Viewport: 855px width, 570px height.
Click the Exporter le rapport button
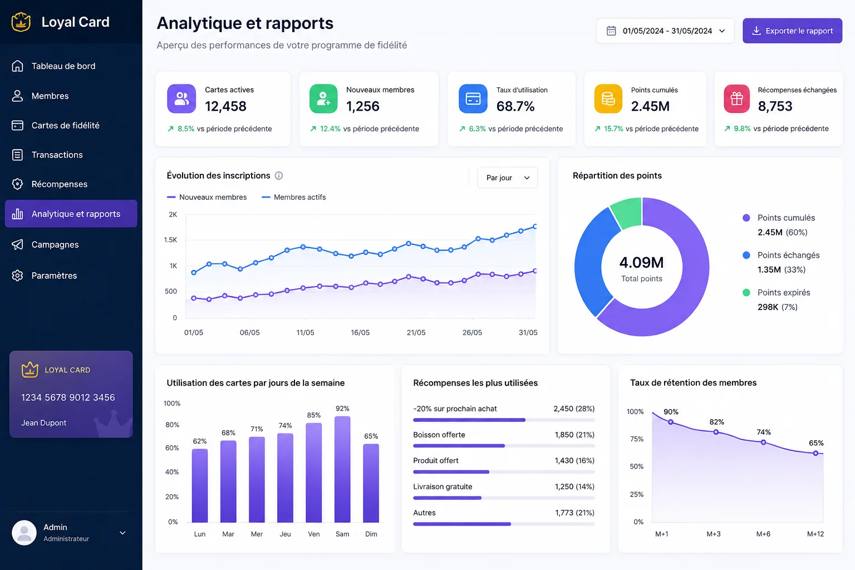pyautogui.click(x=792, y=31)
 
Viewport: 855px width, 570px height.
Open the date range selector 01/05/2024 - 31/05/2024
pyautogui.click(x=665, y=31)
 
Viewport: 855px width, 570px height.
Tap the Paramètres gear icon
pyautogui.click(x=17, y=276)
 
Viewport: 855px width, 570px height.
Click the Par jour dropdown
pyautogui.click(x=507, y=178)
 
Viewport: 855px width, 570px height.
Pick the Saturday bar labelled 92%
pyautogui.click(x=342, y=469)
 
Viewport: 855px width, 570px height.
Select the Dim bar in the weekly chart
pyautogui.click(x=371, y=483)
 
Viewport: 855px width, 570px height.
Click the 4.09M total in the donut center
pyautogui.click(x=642, y=262)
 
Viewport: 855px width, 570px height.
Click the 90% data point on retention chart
pyautogui.click(x=671, y=422)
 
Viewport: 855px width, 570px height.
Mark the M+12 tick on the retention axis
pyautogui.click(x=815, y=534)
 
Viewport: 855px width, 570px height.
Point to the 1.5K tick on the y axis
pyautogui.click(x=170, y=240)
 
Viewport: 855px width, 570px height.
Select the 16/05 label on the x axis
pyautogui.click(x=360, y=332)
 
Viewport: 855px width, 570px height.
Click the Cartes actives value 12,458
pyautogui.click(x=225, y=106)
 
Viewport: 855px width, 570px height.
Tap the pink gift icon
pyautogui.click(x=736, y=99)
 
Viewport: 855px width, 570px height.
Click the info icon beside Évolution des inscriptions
pyautogui.click(x=279, y=175)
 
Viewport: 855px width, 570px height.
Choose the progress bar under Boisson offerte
pyautogui.click(x=504, y=445)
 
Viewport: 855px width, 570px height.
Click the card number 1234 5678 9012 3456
pyautogui.click(x=68, y=397)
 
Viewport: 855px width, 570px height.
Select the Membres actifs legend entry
pyautogui.click(x=293, y=197)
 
